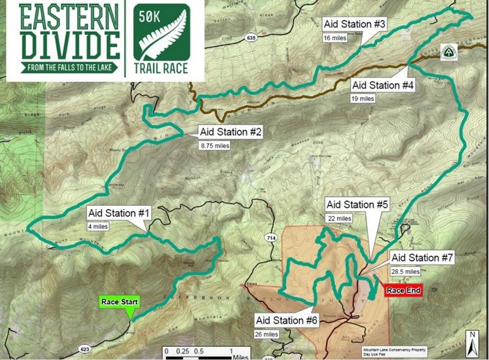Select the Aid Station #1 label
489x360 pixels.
(119, 213)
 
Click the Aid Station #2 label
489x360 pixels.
(231, 132)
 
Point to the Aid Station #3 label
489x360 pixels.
(354, 24)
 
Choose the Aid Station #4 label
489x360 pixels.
(383, 85)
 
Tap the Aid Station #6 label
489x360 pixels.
(286, 321)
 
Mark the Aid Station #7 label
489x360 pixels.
(422, 258)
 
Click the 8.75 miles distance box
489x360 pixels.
(215, 146)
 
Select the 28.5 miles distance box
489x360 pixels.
(406, 271)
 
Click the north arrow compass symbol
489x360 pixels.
(472, 340)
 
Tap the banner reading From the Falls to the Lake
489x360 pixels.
(69, 67)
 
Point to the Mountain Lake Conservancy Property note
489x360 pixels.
(392, 351)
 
